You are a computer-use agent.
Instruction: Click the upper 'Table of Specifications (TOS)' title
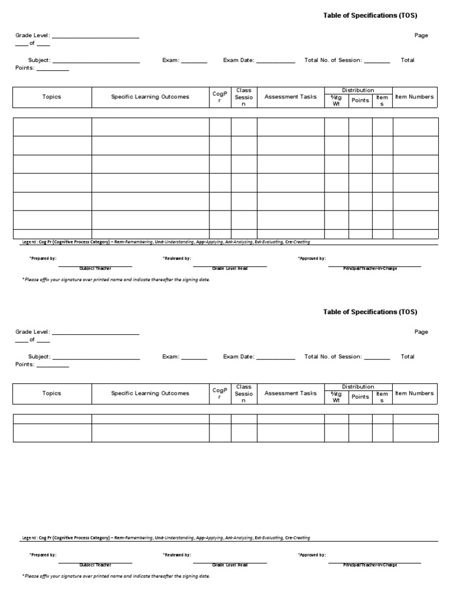[x=370, y=15]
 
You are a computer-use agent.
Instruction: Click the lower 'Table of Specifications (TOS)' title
[x=370, y=312]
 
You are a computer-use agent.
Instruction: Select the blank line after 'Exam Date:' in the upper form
[x=275, y=61]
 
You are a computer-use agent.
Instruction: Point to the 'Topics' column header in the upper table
[x=52, y=97]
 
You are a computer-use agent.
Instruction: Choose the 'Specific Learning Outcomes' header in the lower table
[x=150, y=394]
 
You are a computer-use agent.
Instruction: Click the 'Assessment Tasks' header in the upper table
[x=290, y=97]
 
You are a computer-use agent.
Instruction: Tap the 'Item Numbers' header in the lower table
[x=414, y=393]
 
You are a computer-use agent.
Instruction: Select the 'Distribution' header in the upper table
[x=358, y=90]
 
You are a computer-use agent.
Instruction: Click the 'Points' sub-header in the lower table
[x=360, y=397]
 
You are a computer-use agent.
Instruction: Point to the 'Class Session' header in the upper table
[x=244, y=97]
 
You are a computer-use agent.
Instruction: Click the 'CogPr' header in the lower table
[x=220, y=394]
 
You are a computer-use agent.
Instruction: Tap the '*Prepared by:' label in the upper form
[x=43, y=258]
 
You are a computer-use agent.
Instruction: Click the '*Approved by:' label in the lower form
[x=312, y=555]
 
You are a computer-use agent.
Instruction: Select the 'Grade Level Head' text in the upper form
[x=229, y=268]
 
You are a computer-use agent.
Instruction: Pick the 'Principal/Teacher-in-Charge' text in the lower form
[x=370, y=565]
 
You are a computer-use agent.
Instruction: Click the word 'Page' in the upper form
[x=421, y=35]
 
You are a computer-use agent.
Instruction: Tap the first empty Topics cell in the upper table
[x=52, y=127]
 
